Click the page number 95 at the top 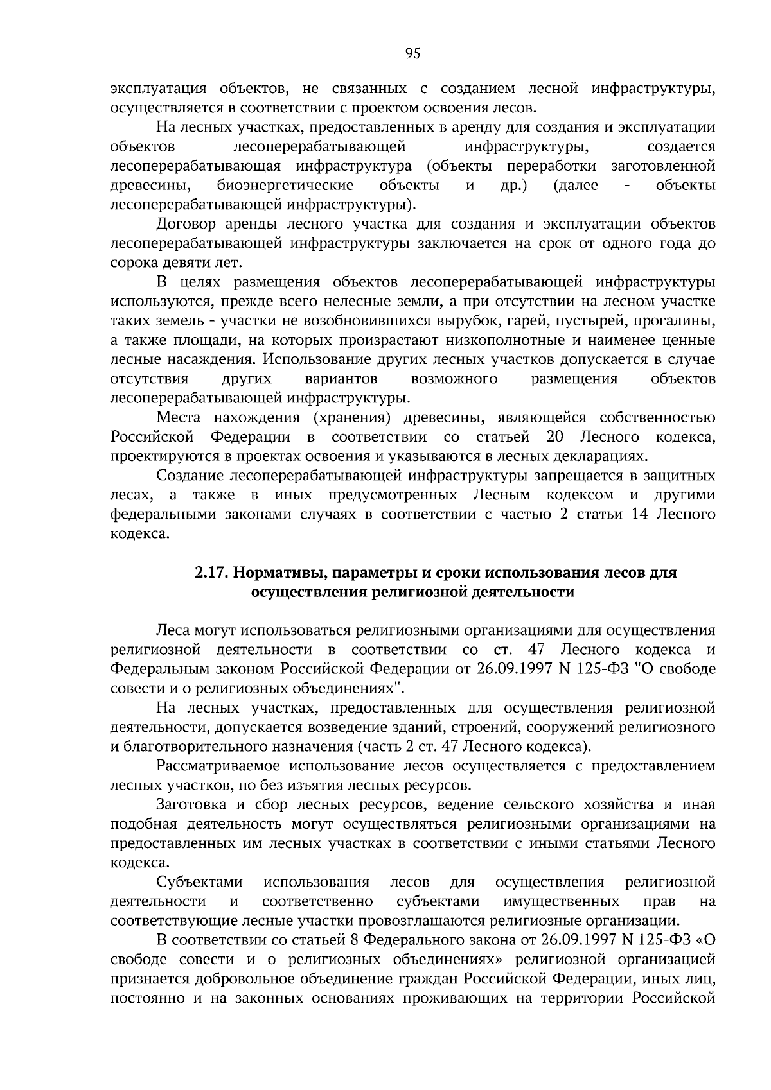tap(413, 54)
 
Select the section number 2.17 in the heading tap(209, 572)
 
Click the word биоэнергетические tap(285, 186)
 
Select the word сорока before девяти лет tap(133, 263)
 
